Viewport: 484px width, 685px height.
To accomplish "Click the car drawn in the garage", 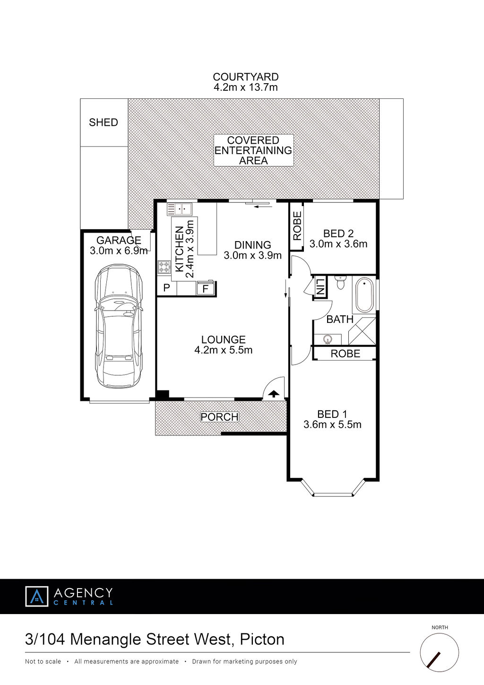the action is tap(119, 326).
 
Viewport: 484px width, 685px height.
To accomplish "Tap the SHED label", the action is tap(104, 122).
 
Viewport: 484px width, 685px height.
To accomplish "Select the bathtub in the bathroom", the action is tap(364, 295).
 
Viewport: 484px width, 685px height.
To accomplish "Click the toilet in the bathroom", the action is tap(340, 282).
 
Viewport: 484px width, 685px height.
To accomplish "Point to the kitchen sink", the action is tap(179, 209).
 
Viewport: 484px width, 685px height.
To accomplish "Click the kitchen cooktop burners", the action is tap(164, 267).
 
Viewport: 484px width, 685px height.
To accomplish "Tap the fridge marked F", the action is tap(206, 288).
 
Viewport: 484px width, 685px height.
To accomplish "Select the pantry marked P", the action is tap(167, 288).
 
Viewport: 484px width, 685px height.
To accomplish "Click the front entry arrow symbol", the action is tap(274, 394).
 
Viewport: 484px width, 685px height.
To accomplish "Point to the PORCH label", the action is tap(219, 417).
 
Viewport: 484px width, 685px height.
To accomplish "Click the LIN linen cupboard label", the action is tap(320, 286).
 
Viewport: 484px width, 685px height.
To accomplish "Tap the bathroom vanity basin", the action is tap(328, 339).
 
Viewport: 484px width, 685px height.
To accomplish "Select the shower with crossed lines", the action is tap(362, 331).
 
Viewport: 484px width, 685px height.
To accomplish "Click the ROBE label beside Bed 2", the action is tap(297, 225).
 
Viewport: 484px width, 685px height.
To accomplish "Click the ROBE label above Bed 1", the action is tap(345, 354).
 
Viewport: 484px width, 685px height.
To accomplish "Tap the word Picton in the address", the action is tap(262, 640).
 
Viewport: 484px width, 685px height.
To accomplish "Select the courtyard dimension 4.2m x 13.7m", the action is tap(245, 87).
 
